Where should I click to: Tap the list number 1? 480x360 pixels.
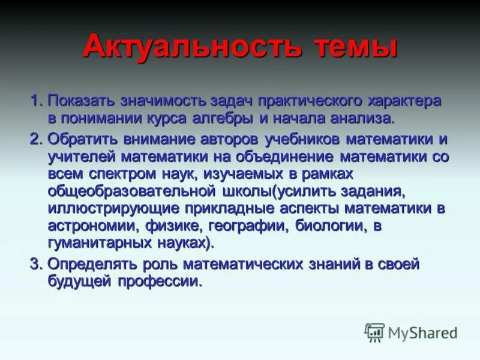coord(35,100)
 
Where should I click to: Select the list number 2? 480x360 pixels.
coord(35,139)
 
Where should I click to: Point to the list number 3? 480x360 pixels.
coord(35,263)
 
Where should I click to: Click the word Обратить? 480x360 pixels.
coord(83,139)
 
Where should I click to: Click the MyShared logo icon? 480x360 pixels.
coord(374,331)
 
